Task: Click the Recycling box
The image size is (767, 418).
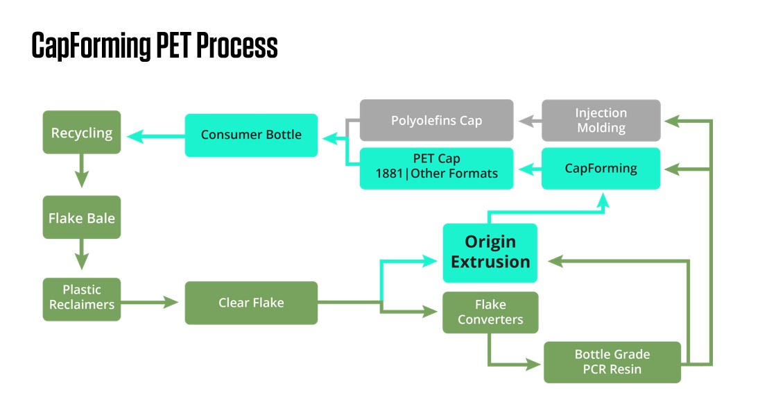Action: point(82,132)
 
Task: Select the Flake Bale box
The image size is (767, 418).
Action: point(82,217)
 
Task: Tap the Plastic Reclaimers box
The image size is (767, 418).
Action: point(82,299)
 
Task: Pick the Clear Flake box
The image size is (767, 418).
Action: point(251,303)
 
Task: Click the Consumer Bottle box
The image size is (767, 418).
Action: point(251,135)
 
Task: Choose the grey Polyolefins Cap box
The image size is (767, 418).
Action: point(436,120)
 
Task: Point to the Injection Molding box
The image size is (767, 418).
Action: point(601,120)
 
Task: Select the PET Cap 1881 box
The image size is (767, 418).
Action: point(436,168)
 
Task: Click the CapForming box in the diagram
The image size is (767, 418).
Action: point(601,168)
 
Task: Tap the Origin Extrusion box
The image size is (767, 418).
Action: point(490,252)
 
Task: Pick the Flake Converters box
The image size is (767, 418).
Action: point(490,312)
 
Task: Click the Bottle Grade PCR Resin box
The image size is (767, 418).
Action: point(612,362)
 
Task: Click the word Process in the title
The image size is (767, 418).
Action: point(237,46)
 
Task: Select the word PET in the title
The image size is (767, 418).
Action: point(173,46)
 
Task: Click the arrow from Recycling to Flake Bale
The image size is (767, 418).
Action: point(82,171)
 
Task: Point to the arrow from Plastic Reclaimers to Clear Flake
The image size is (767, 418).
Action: point(149,303)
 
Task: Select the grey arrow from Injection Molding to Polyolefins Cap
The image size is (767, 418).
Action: point(528,120)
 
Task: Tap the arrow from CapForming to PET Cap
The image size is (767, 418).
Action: point(528,168)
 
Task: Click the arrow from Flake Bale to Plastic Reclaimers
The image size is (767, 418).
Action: point(82,254)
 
